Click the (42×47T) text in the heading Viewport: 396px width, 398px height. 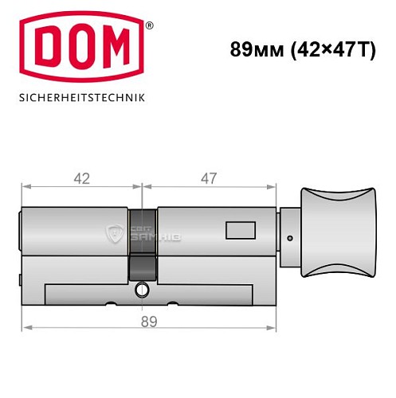tap(327, 49)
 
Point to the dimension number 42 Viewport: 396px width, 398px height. tap(80, 178)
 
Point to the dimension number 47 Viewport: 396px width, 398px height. tap(208, 178)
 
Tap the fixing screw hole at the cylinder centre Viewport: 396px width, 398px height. tap(143, 289)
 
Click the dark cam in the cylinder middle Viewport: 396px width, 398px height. tap(143, 244)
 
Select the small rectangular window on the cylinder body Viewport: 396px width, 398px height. tap(239, 232)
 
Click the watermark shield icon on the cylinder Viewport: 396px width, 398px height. tap(114, 232)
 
